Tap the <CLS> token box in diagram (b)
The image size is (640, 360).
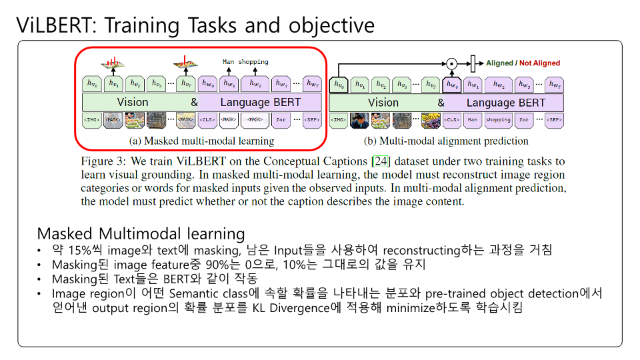point(451,120)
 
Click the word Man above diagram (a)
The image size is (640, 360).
point(229,62)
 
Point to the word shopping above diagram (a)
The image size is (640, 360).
point(253,62)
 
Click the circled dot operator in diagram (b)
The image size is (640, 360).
point(451,64)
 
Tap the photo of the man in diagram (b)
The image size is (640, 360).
point(360,120)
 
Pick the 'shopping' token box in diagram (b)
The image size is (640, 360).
point(498,120)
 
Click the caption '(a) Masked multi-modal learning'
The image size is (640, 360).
point(201,141)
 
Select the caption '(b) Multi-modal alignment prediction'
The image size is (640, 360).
point(445,141)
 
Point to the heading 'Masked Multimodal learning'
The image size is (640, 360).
point(141,234)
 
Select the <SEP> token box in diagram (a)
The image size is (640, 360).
point(312,120)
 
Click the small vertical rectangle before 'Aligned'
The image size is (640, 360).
point(473,64)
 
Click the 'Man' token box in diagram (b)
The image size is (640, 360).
point(473,120)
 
